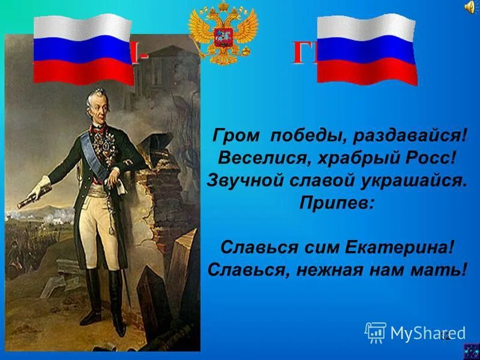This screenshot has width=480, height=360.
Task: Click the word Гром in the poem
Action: coord(230,137)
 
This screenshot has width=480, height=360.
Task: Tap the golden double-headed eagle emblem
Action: coord(223,35)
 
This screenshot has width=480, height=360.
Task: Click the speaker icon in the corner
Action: coord(469,7)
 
